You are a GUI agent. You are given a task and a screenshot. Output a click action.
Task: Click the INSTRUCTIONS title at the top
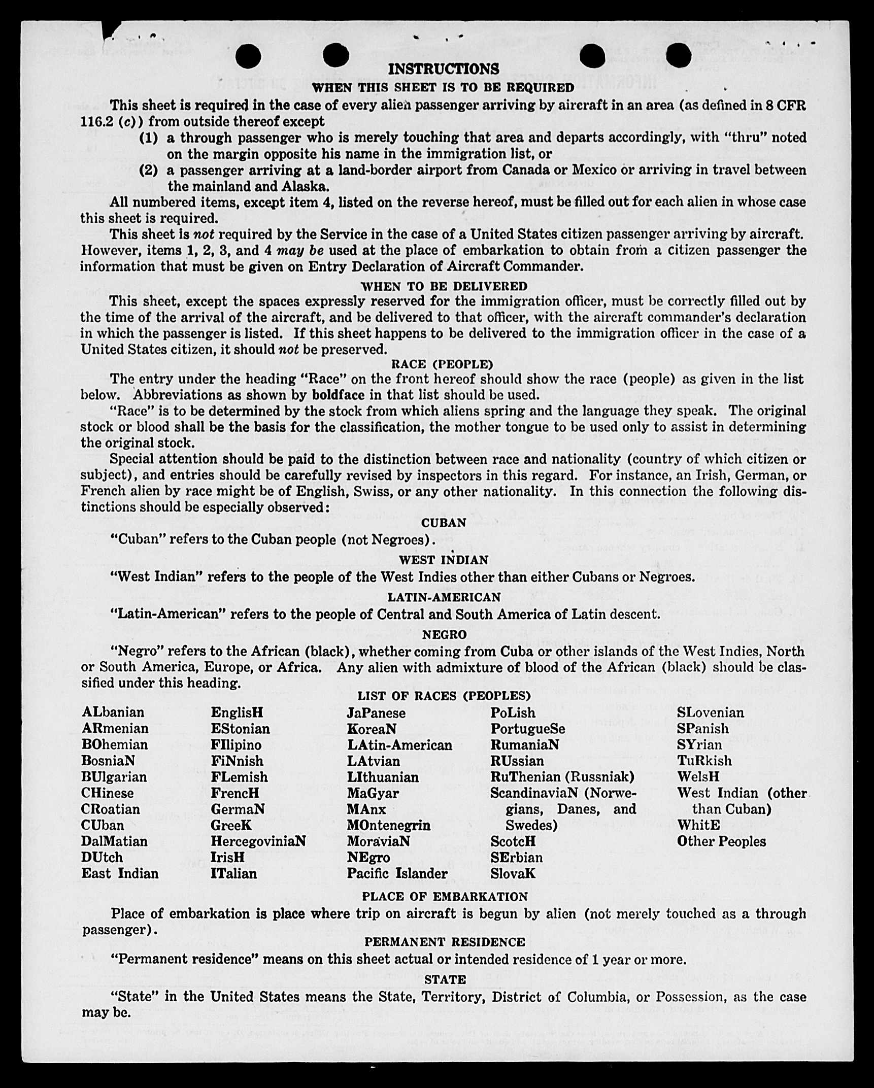coord(443,69)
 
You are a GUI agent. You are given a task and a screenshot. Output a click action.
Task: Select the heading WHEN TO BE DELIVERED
coord(444,286)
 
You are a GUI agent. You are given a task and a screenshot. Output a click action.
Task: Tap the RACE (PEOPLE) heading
coord(442,364)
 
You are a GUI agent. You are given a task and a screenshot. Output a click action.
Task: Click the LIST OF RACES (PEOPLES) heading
coord(444,696)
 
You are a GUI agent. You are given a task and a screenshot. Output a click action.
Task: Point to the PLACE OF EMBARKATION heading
coord(445,897)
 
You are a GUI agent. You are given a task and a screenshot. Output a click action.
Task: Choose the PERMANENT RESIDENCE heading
coord(445,942)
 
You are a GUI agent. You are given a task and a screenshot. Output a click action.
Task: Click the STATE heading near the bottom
coord(445,979)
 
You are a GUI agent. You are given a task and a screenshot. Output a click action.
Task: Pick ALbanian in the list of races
coord(113,712)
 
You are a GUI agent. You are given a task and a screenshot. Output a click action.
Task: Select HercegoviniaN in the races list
coord(258,841)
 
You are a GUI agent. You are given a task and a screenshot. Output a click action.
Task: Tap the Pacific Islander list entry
coord(397,873)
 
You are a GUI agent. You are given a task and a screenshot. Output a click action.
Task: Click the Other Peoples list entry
coord(721,841)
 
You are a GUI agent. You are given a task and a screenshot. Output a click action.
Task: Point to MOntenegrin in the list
coord(388,825)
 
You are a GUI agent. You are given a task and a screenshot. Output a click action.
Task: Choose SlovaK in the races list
coord(513,873)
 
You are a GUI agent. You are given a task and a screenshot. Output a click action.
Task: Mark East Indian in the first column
coord(120,873)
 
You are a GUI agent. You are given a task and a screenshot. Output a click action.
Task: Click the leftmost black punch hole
coord(248,56)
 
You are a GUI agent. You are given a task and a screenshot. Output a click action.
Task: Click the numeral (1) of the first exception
coord(149,138)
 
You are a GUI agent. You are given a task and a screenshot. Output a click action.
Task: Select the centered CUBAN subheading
coord(444,523)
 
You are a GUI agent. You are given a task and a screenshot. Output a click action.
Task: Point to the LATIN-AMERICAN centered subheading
coord(444,597)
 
